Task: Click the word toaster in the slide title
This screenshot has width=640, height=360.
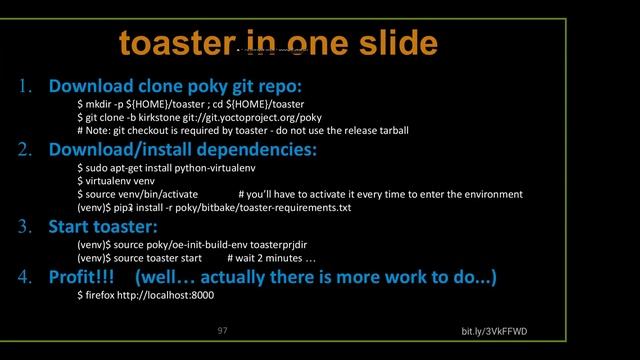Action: tap(174, 44)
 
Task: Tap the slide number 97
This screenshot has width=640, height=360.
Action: tap(223, 329)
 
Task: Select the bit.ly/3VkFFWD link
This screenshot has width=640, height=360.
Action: tap(494, 331)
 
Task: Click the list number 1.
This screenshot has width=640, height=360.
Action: tap(26, 85)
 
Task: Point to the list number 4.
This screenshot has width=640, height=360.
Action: tap(26, 276)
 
